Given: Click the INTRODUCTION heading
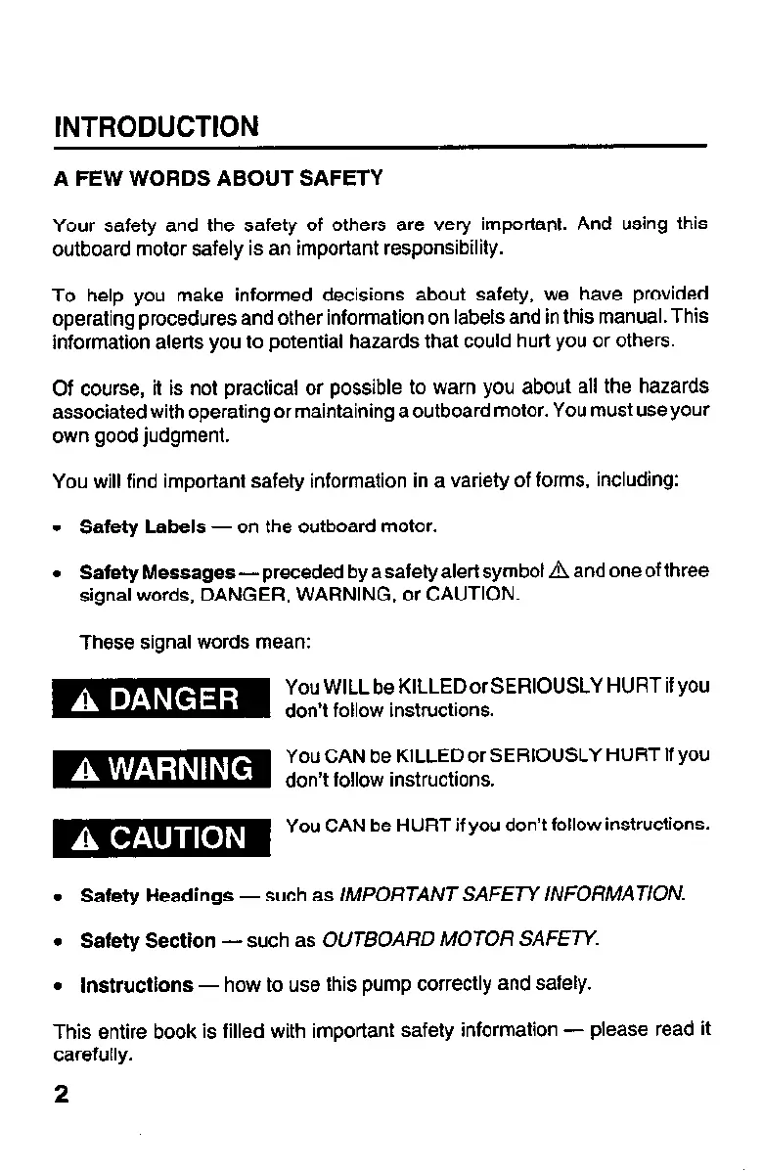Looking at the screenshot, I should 157,127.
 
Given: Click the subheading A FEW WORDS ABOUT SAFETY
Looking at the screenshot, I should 217,179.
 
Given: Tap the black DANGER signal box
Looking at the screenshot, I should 160,699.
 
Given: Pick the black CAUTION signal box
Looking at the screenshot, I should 160,837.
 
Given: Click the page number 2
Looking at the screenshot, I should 62,1094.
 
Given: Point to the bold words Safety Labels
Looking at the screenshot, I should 143,527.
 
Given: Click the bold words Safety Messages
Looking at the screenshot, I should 157,570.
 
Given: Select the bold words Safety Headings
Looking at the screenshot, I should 157,895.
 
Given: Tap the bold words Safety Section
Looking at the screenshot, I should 148,940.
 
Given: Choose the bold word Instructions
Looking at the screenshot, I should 136,984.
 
